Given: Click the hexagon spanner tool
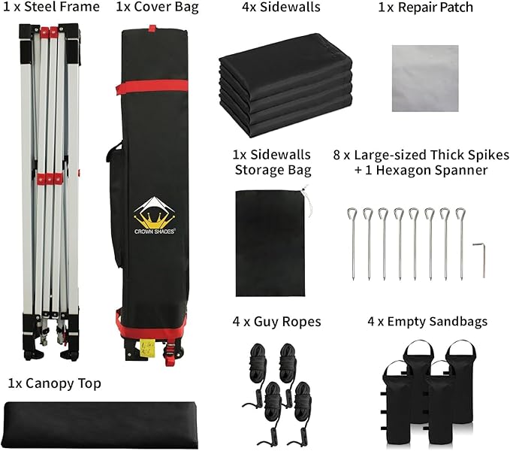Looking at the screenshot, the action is (x=479, y=259).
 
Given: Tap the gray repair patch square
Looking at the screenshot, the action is (x=425, y=78).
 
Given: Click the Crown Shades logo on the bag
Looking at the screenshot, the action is (x=155, y=215).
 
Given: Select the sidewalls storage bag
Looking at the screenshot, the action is (x=270, y=243).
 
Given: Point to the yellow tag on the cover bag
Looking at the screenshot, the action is (x=148, y=348).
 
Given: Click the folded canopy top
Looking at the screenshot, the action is (x=101, y=425).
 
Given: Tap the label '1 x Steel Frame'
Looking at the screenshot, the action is (x=51, y=7).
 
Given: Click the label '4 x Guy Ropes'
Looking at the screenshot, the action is (x=277, y=322).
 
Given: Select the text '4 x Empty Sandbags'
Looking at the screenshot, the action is (x=427, y=322).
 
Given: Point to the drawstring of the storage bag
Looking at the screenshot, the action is (x=306, y=201).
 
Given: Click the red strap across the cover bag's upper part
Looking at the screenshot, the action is (x=152, y=87).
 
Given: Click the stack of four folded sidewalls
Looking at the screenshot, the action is (x=285, y=85).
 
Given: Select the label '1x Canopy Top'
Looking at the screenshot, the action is (x=54, y=383).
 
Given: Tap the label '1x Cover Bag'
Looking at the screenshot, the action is (x=158, y=7).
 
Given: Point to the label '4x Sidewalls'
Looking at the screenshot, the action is (x=281, y=7).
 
